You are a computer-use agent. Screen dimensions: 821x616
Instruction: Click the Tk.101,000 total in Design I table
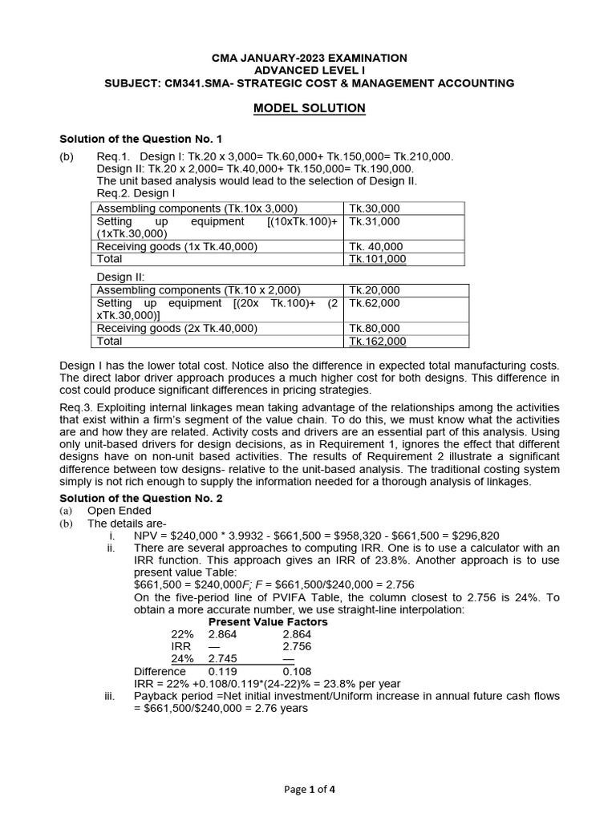tap(378, 259)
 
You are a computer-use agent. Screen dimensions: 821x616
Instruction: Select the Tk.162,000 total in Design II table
tap(378, 341)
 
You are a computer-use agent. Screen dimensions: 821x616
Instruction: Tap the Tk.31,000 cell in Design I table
tap(375, 221)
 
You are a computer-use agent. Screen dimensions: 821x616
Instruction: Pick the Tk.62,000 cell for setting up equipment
tap(375, 303)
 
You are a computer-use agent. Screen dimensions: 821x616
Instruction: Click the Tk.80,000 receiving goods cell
tap(375, 328)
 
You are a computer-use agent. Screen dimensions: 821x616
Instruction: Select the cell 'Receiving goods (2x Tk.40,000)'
tap(176, 328)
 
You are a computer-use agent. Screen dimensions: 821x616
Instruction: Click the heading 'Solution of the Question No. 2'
tap(141, 498)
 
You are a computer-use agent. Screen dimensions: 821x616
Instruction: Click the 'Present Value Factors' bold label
tap(268, 621)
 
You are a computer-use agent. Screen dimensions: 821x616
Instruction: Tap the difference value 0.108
tap(298, 671)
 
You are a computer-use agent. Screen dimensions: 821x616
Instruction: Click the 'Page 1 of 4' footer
tap(310, 790)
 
